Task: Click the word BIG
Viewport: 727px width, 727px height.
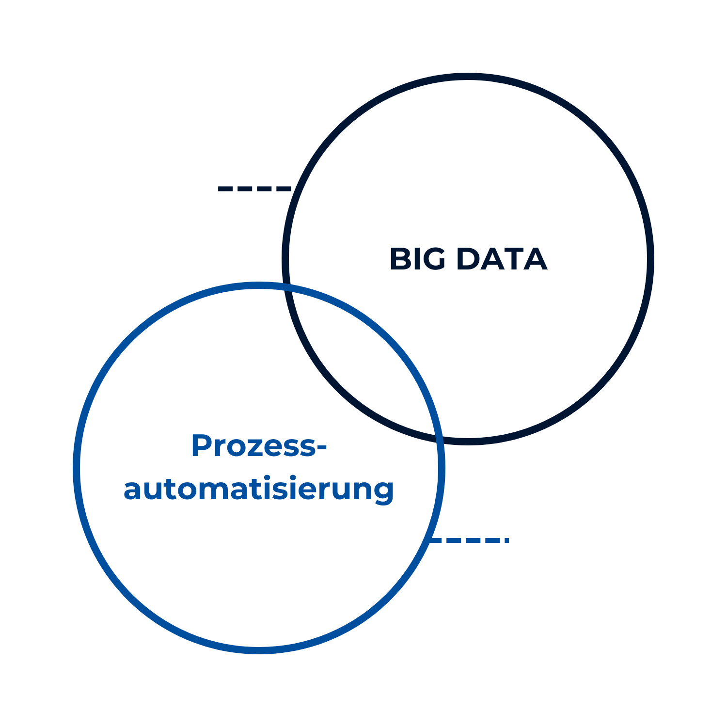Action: (x=417, y=259)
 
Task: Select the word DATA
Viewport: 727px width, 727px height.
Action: (x=502, y=259)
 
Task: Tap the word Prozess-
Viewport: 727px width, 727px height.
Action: (x=259, y=445)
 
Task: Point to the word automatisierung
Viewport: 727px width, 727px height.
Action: (x=259, y=490)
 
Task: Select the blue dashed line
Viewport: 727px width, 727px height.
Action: (x=468, y=540)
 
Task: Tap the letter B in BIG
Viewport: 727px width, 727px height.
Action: (x=400, y=259)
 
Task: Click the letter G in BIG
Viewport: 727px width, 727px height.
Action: (x=432, y=259)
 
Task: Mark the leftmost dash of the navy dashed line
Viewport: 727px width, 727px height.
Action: (x=226, y=189)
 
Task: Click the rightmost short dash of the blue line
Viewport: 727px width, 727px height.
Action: (x=507, y=540)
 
